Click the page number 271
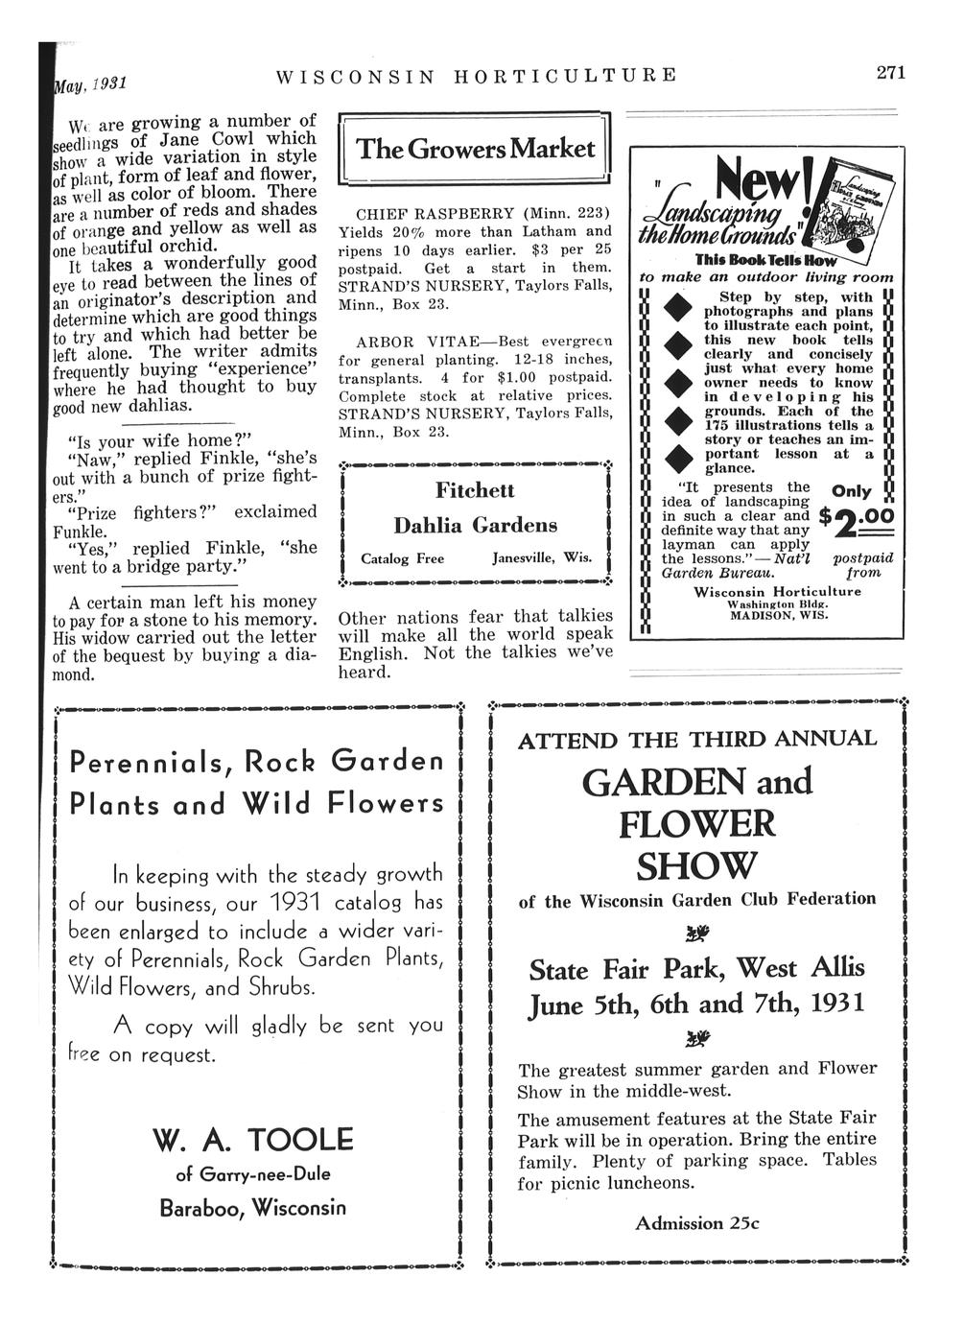point(890,72)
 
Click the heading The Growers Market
point(476,149)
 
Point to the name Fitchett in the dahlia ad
point(475,490)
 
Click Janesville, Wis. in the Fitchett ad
point(542,558)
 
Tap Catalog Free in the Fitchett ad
point(402,558)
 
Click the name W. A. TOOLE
point(253,1140)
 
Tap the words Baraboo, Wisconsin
point(253,1207)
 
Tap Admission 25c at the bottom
point(696,1223)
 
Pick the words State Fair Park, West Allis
point(696,968)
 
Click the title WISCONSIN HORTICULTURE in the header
point(476,75)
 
